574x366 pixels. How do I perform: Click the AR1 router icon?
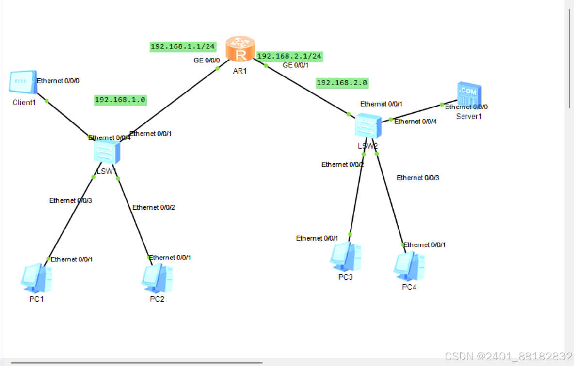(x=240, y=49)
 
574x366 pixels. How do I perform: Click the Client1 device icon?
(x=23, y=83)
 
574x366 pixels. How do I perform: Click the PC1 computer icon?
(x=36, y=278)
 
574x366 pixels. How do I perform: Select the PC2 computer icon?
(x=157, y=278)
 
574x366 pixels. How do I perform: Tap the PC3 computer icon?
(x=345, y=257)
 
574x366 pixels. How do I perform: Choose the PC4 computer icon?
(x=409, y=266)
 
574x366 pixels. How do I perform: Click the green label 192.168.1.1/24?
(x=183, y=46)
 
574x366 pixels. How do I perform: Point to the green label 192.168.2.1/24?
(x=289, y=56)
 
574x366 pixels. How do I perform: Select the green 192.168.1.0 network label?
(x=120, y=100)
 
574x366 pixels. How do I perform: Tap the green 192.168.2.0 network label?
(x=342, y=83)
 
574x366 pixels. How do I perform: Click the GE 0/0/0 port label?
(x=207, y=61)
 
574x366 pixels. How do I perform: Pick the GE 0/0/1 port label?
(x=296, y=65)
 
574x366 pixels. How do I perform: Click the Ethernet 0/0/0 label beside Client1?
(x=58, y=81)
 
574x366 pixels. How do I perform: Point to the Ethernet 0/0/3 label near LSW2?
(x=417, y=178)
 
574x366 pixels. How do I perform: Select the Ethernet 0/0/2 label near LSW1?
(x=153, y=207)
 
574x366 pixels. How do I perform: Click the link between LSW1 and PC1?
(x=71, y=217)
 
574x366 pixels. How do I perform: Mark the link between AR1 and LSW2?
(x=306, y=90)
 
